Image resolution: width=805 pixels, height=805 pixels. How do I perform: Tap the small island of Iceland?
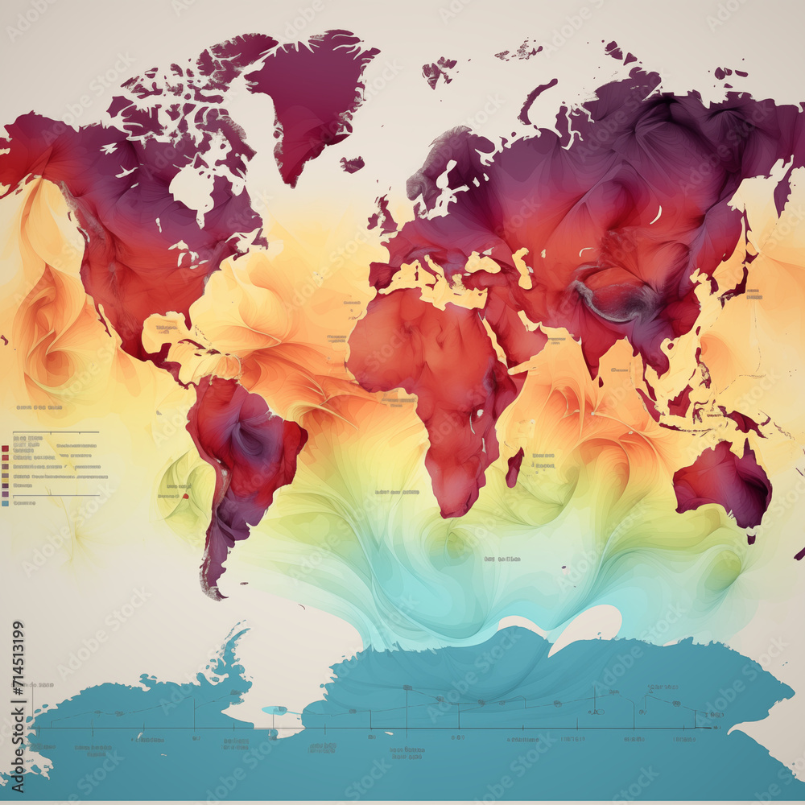(352, 164)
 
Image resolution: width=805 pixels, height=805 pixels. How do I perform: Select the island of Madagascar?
(514, 468)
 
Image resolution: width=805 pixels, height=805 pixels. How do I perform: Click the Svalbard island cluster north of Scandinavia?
(439, 71)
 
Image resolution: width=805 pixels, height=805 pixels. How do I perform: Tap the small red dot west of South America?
(185, 497)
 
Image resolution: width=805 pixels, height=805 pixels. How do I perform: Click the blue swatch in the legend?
(6, 503)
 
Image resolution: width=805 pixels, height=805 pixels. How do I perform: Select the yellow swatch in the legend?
(6, 476)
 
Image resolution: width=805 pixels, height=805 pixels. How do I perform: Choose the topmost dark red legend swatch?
(6, 448)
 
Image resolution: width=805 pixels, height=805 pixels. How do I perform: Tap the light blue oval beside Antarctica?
(275, 710)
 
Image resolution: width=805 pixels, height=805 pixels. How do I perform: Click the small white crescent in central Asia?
(656, 215)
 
